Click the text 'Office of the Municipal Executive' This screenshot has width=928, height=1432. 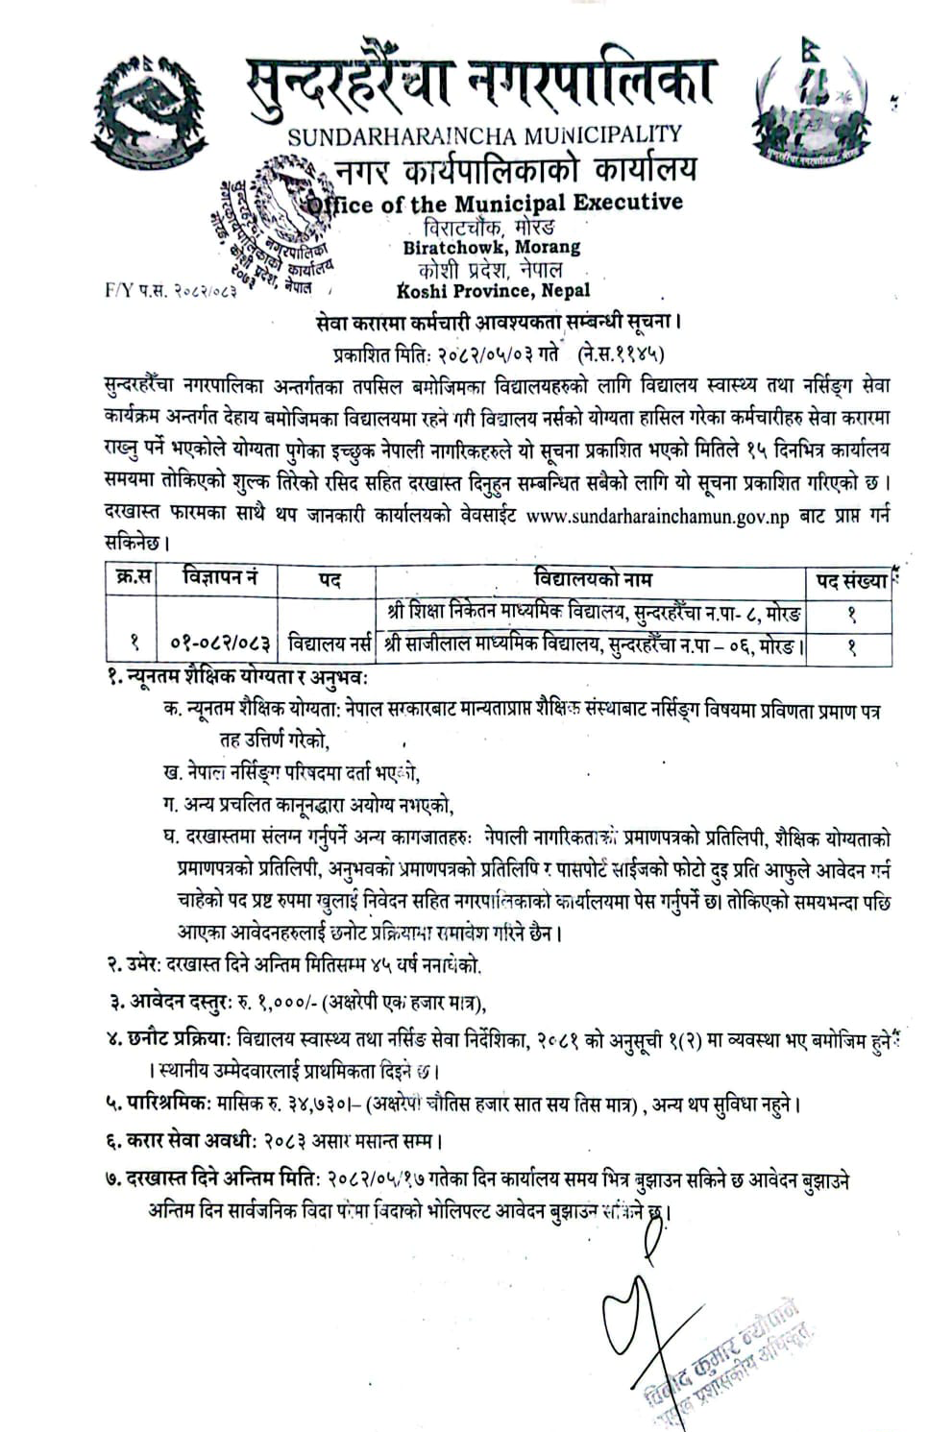point(494,203)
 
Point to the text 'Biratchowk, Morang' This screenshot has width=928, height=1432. point(492,247)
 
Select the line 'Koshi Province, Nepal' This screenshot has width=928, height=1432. point(493,290)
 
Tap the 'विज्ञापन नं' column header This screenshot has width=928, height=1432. point(220,579)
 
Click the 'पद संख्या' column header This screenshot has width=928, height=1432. point(851,581)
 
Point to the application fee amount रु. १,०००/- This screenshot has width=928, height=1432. point(277,1004)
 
